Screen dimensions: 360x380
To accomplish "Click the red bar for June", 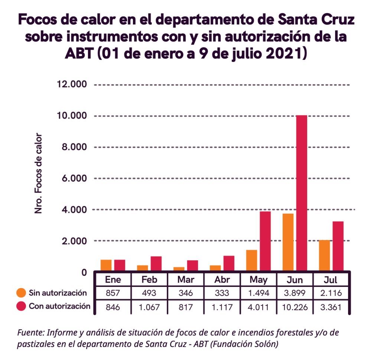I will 301,193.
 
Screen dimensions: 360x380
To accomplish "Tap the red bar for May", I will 265,241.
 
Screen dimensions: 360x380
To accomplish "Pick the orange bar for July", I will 324,256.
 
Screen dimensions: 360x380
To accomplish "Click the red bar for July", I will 338,246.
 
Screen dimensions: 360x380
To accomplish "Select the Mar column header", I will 185,279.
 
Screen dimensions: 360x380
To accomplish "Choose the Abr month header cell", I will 222,279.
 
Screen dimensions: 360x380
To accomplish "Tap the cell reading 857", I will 113,293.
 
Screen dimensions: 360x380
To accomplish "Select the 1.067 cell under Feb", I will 149,307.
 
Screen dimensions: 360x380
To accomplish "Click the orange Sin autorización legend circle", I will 21,293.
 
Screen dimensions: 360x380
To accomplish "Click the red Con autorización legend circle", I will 21,306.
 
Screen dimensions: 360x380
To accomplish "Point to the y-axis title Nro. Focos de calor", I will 38,173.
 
